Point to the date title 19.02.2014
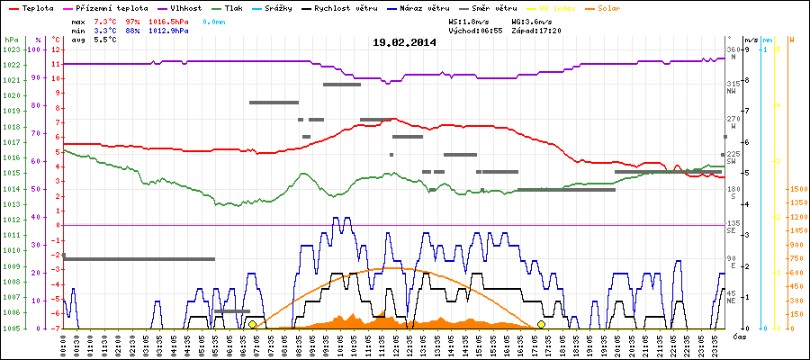click(405, 42)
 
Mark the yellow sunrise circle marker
click(252, 324)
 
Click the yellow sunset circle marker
click(541, 324)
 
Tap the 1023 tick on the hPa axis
click(12, 49)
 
